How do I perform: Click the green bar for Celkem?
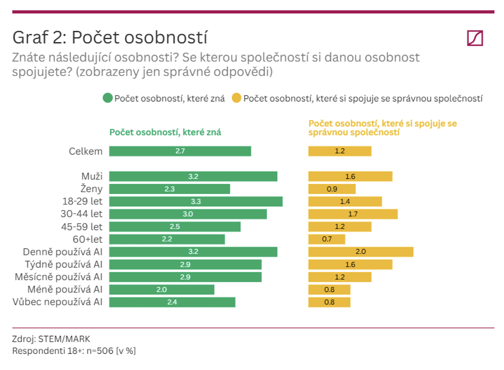(x=180, y=151)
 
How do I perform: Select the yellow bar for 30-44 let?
(x=353, y=214)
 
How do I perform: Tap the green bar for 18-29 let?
(x=196, y=202)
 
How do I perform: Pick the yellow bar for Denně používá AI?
(x=361, y=252)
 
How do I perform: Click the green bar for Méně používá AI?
(x=162, y=290)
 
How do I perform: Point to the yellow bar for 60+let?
(x=327, y=239)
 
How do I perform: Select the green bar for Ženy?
(x=169, y=189)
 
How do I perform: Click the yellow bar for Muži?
(x=350, y=176)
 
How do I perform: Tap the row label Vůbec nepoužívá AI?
(x=57, y=302)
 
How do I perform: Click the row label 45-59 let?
(x=82, y=227)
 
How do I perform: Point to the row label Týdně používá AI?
(x=64, y=264)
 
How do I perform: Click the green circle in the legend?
(x=107, y=98)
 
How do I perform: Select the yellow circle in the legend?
(x=236, y=98)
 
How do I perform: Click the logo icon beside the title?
(x=475, y=38)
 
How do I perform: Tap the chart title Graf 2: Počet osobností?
(x=110, y=37)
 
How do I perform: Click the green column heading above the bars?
(x=165, y=132)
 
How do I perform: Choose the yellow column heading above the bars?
(x=383, y=128)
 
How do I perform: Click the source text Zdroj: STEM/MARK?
(x=51, y=339)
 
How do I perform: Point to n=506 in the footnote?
(x=100, y=351)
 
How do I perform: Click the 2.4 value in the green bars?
(x=172, y=302)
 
